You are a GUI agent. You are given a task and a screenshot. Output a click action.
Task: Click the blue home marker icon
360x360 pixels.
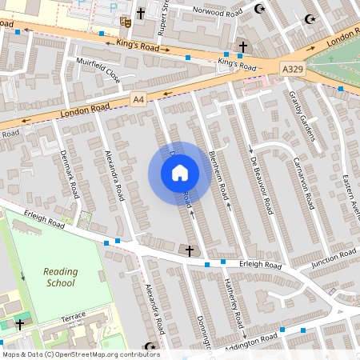click(x=179, y=172)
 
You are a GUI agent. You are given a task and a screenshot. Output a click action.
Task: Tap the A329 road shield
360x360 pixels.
click(x=292, y=70)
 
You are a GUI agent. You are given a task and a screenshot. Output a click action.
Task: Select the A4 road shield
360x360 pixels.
click(x=140, y=98)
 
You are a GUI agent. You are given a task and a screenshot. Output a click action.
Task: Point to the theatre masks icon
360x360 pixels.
click(x=124, y=22)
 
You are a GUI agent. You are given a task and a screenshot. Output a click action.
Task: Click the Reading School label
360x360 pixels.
click(x=60, y=277)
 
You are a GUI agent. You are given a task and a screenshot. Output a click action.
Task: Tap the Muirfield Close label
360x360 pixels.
click(x=97, y=70)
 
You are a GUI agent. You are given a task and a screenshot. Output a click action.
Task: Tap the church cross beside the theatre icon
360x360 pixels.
click(x=141, y=14)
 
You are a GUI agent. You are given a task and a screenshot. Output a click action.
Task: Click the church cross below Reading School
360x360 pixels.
click(x=20, y=325)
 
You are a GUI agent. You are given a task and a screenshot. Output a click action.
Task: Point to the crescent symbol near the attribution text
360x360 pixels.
click(x=149, y=346)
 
